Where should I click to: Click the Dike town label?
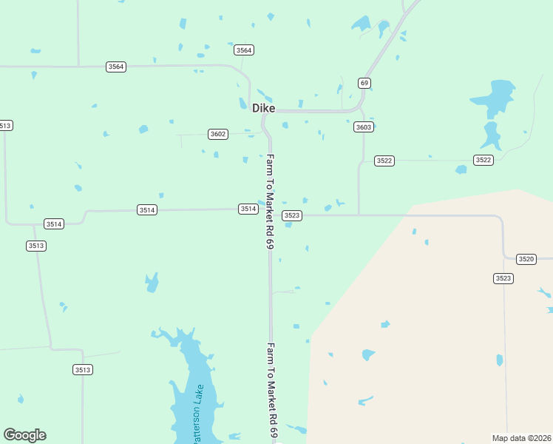pos(263,108)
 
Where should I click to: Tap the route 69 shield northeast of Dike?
pos(364,82)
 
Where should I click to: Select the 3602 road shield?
pos(218,134)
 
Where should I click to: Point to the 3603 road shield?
pos(363,127)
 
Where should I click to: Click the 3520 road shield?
pos(526,259)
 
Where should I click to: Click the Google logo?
pos(24,435)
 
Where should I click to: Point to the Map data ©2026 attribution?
pos(521,437)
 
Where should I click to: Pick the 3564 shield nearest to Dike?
pos(244,50)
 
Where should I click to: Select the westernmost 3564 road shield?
pos(116,67)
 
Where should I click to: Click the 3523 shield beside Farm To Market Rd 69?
pos(292,215)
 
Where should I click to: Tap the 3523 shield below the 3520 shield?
pos(503,278)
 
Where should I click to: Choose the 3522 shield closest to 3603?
pos(384,161)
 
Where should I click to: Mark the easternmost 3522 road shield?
pos(484,160)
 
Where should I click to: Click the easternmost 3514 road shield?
pos(248,209)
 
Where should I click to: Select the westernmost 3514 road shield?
pos(53,223)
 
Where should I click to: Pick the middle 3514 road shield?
pos(147,210)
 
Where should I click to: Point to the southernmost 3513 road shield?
pos(83,369)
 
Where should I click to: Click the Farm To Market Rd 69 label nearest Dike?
pos(271,201)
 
